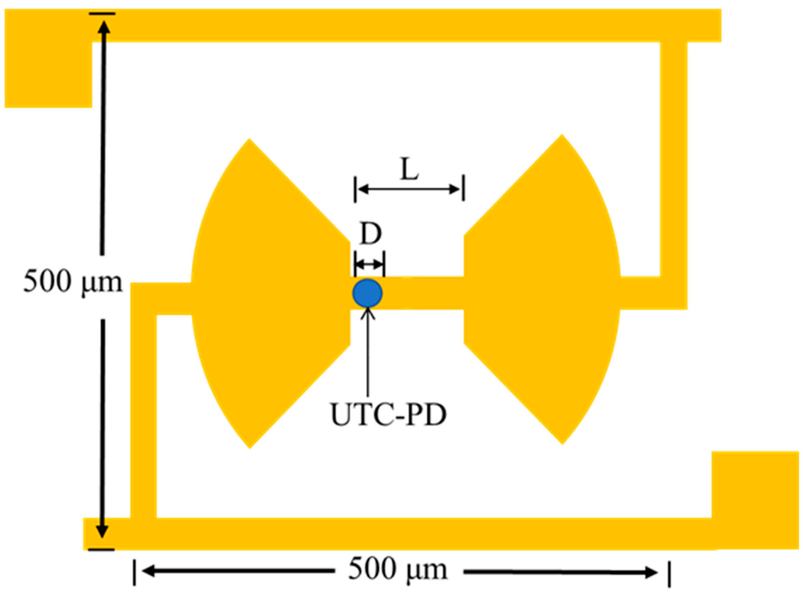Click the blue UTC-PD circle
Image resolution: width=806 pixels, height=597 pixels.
tap(367, 293)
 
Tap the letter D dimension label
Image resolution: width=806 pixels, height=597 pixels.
tap(371, 234)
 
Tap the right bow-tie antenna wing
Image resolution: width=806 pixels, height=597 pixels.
tap(542, 293)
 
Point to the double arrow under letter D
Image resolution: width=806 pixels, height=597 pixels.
tap(369, 264)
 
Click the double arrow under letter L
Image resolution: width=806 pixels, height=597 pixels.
tap(409, 189)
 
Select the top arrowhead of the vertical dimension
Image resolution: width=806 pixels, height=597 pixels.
tap(104, 27)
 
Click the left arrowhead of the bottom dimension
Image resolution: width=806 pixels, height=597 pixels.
tap(148, 571)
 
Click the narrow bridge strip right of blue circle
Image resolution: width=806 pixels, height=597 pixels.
tap(422, 293)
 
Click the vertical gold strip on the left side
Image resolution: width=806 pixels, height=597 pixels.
tap(143, 416)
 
